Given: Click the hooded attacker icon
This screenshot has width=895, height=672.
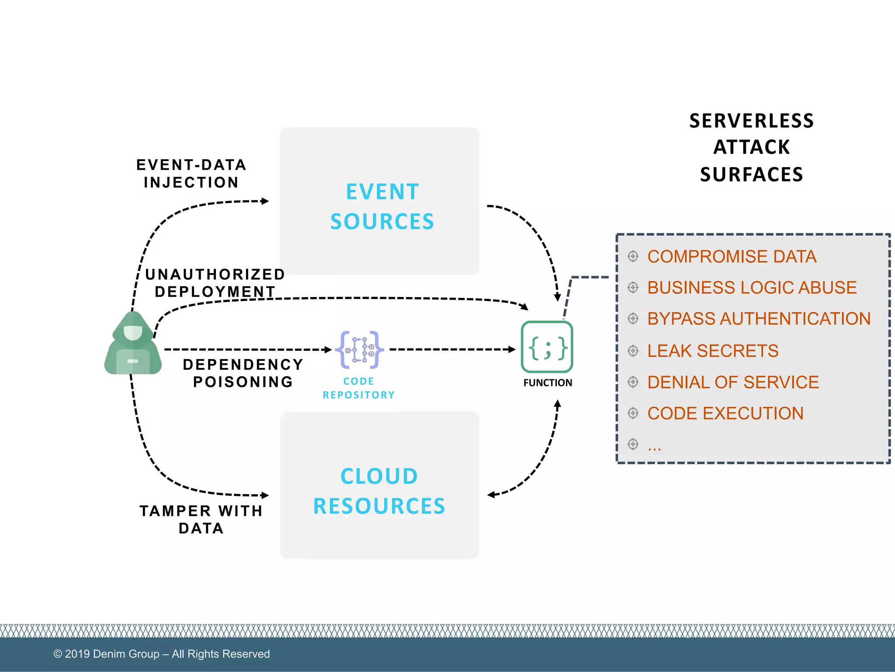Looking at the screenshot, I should click(x=133, y=343).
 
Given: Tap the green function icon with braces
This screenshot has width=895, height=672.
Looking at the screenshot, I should click(x=547, y=347).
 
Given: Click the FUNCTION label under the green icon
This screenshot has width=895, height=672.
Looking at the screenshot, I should click(x=548, y=383).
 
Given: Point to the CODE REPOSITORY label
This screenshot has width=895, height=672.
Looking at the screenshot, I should click(x=358, y=388).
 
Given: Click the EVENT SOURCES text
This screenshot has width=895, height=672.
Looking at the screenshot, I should click(x=382, y=206).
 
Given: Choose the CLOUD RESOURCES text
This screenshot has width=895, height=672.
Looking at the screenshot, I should click(x=379, y=491).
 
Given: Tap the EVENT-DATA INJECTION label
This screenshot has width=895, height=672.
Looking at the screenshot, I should click(x=191, y=174).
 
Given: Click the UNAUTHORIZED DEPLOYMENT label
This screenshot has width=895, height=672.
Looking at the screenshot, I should click(x=215, y=283).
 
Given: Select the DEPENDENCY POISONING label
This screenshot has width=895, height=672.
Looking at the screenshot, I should click(x=243, y=373).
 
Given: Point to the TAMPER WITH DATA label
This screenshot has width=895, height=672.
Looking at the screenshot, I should click(x=201, y=519).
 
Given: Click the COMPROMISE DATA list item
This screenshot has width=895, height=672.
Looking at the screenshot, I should click(x=732, y=256).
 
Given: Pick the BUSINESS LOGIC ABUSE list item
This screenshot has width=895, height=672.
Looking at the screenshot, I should click(x=752, y=287).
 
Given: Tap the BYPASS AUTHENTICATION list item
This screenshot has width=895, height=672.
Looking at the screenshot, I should click(x=759, y=318).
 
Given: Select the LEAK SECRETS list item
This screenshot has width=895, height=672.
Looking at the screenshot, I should click(x=712, y=351).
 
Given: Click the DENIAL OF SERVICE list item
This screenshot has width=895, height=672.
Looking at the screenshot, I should click(x=733, y=382).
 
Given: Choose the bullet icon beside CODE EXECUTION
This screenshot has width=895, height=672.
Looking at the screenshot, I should click(x=633, y=413).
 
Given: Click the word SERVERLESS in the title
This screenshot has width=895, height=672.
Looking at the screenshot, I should click(x=752, y=121).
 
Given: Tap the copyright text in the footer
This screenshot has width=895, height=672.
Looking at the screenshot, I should click(x=161, y=654).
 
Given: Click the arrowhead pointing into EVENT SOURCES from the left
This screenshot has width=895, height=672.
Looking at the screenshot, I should click(x=265, y=201).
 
